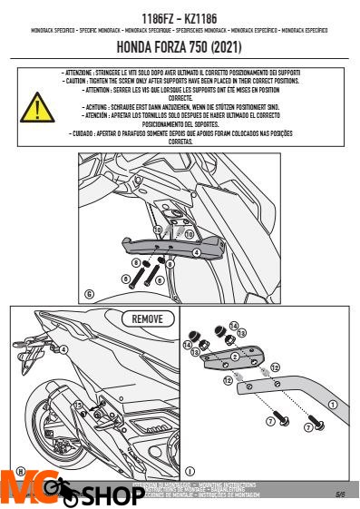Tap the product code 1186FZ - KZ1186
(x=180, y=18)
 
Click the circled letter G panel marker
(x=89, y=293)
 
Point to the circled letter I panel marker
(x=189, y=472)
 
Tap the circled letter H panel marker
(x=17, y=473)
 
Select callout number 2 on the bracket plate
(x=234, y=357)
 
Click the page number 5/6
(x=339, y=495)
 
